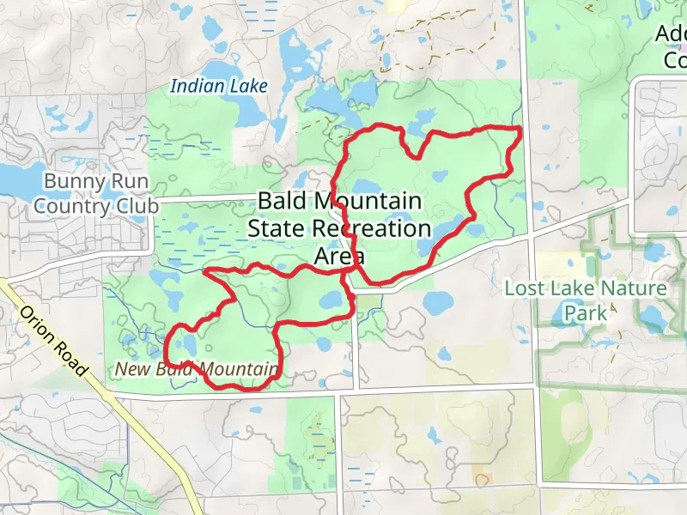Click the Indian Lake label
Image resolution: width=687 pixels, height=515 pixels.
click(219, 86)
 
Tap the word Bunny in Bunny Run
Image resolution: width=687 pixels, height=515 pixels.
click(73, 182)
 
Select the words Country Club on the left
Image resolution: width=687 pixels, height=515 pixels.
click(96, 206)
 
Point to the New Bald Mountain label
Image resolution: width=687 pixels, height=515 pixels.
click(196, 370)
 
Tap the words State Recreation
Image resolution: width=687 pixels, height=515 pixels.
click(339, 229)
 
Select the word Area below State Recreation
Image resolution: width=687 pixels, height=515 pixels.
click(339, 256)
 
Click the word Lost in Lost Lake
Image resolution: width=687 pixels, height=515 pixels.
click(524, 288)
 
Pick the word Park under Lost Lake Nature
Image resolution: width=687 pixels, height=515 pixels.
click(585, 312)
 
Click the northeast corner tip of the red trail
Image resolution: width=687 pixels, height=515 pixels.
click(521, 128)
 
